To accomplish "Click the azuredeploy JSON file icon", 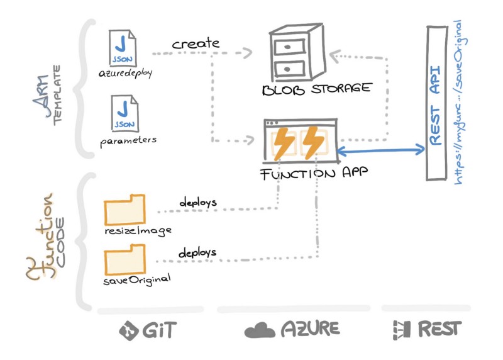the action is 123,48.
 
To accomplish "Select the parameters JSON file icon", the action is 124,113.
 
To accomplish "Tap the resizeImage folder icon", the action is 124,210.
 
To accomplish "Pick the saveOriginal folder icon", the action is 124,260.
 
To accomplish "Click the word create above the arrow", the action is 196,43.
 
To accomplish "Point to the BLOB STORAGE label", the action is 317,89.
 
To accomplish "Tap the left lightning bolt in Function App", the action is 284,143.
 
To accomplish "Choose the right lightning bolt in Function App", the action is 312,143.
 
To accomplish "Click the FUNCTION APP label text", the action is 314,174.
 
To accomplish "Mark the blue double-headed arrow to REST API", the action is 381,150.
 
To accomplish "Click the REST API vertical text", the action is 435,106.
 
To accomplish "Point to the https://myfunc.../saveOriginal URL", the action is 461,102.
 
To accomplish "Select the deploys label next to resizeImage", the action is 198,202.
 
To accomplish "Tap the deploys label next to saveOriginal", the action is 197,253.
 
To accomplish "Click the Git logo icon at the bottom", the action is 129,330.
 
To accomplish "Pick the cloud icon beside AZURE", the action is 260,330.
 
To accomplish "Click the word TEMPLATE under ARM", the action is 57,95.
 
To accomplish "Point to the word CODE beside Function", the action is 60,242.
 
